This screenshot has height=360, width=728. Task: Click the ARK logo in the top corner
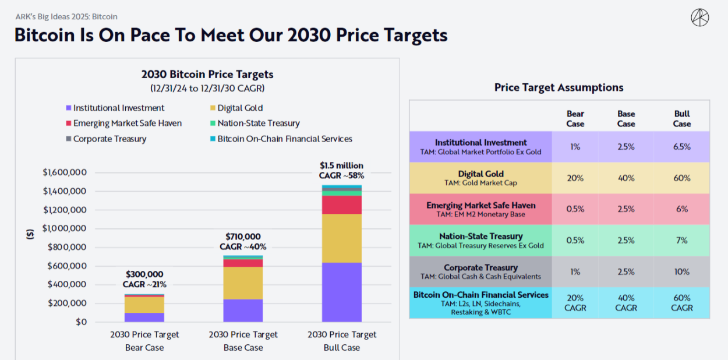pos(699,17)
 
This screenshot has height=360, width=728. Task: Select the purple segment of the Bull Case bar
pos(342,292)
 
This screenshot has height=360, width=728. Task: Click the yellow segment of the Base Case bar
pos(243,283)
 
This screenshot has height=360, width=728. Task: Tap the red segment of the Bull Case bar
pos(342,204)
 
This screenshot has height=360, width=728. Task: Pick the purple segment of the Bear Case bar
pos(144,317)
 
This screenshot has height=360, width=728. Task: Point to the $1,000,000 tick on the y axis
pos(65,228)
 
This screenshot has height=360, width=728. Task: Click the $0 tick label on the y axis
pos(81,322)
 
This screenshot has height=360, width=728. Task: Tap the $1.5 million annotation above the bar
pos(341,165)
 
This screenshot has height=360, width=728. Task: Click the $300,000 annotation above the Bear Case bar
pos(144,274)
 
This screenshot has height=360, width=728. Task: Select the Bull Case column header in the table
pos(681,119)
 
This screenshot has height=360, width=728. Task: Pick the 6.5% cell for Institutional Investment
pos(681,147)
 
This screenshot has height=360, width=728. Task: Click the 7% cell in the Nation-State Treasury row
pos(681,241)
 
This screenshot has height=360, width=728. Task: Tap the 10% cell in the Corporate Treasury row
pos(681,272)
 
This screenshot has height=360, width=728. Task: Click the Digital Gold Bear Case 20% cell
pos(575,178)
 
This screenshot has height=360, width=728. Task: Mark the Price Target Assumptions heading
pos(559,87)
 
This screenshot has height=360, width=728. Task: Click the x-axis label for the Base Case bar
pos(243,341)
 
